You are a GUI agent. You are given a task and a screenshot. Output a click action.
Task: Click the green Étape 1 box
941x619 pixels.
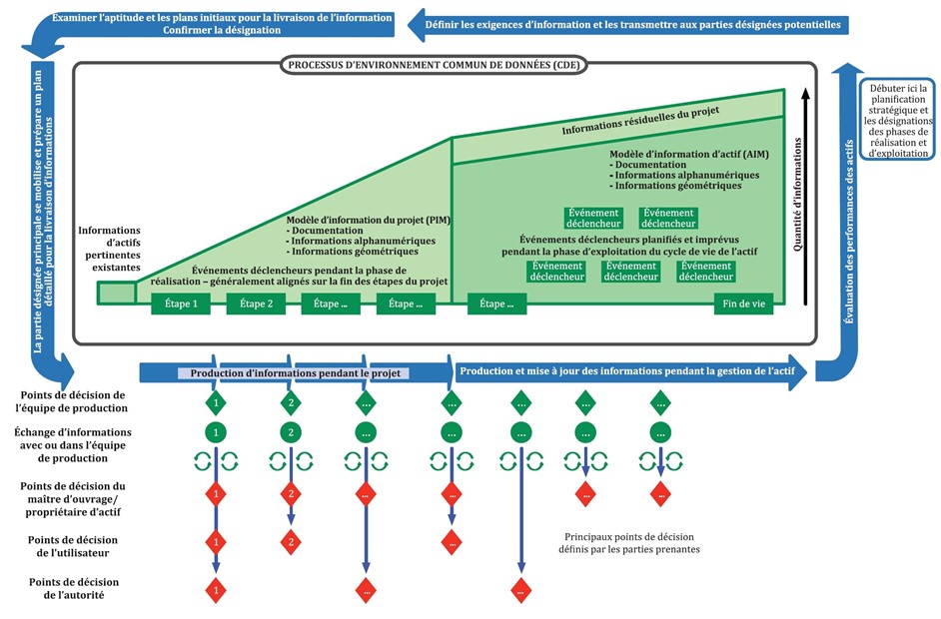181,305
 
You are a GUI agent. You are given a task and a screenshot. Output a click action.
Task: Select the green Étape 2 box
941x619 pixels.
256,305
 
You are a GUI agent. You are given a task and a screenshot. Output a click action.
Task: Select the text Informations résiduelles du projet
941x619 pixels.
641,118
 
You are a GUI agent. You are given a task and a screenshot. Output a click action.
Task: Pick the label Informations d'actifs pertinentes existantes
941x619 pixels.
110,250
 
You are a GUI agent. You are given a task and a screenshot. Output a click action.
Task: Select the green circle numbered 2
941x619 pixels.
291,432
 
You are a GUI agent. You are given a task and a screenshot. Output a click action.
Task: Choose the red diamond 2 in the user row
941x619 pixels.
291,541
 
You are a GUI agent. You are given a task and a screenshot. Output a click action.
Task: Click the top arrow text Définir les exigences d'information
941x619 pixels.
633,23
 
